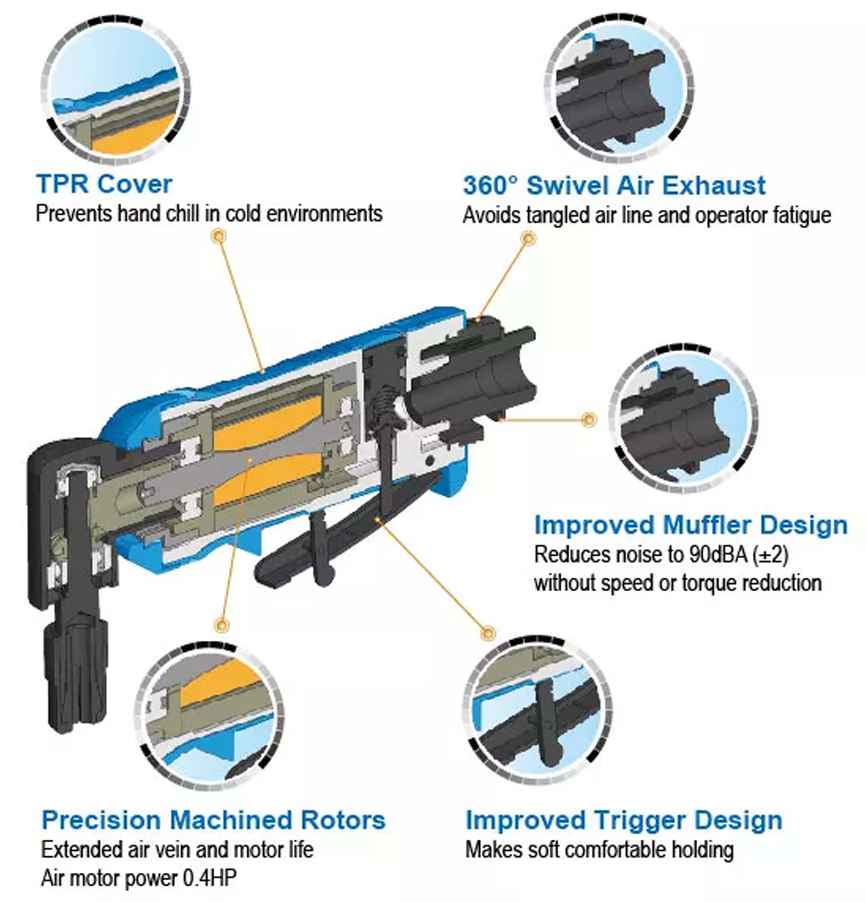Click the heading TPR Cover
(104, 184)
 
